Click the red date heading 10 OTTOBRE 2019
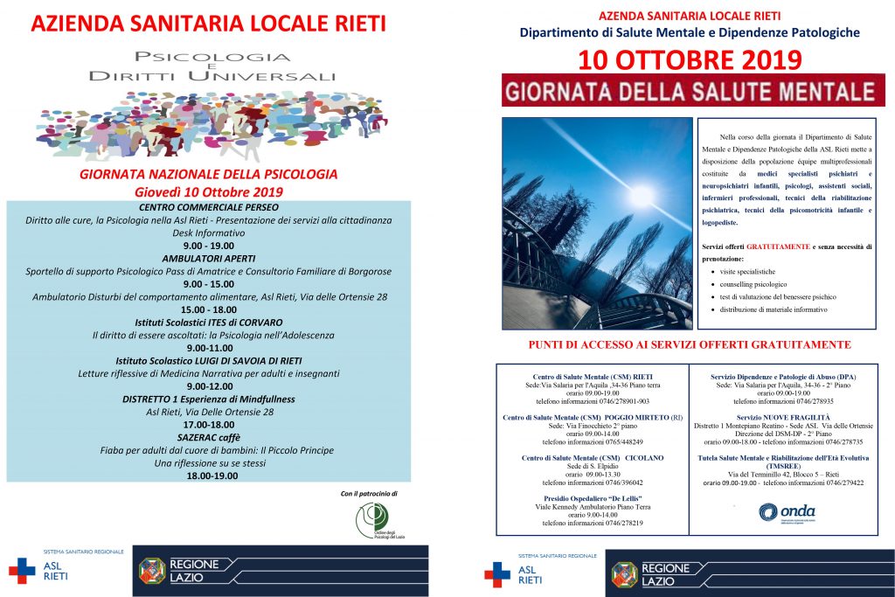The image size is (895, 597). pos(690,60)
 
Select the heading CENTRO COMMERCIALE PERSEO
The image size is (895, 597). pos(209,207)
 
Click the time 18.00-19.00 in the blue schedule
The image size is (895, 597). pos(209,476)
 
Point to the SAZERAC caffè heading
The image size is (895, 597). pos(209,437)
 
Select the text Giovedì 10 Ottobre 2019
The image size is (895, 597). pos(209,191)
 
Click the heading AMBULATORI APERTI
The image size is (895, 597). pos(209,259)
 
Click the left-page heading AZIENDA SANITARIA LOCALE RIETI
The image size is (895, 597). pos(208,24)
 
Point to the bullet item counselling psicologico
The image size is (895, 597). pos(753,284)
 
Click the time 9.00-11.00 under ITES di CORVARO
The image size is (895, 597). pos(209,348)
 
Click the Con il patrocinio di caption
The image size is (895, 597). pos(369,493)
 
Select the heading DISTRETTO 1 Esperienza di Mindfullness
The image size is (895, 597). pos(209,399)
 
